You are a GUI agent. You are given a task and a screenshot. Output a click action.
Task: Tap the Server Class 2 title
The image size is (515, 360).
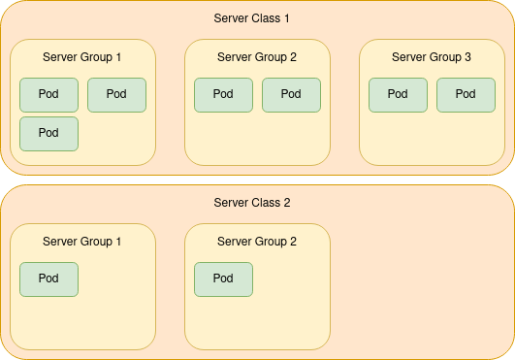[251, 203]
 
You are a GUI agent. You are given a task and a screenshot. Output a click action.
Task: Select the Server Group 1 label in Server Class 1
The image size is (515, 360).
[82, 57]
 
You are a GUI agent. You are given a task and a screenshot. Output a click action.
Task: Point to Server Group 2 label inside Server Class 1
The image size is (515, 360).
[257, 57]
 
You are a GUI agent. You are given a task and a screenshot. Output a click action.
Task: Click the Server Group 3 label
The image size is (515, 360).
[432, 57]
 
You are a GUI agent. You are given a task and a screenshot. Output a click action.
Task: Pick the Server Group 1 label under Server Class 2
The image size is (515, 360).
[82, 242]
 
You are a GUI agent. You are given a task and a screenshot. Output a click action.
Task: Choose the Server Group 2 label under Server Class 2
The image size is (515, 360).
[257, 242]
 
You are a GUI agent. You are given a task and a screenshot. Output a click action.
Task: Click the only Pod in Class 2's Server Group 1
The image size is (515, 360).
[48, 278]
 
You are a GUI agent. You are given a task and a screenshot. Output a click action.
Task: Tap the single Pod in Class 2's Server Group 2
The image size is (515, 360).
[223, 278]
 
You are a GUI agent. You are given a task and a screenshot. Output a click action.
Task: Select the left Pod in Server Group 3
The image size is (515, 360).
[398, 94]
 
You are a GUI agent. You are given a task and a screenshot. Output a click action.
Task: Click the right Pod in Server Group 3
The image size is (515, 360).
[466, 94]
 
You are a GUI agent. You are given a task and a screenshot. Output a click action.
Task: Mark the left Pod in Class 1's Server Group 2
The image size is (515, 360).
[223, 94]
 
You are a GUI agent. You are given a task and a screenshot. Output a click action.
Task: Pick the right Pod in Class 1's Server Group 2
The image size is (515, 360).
[291, 94]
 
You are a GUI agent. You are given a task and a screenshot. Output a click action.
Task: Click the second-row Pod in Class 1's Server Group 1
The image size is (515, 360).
[48, 133]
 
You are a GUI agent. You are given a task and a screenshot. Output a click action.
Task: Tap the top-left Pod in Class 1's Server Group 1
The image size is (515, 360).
[48, 94]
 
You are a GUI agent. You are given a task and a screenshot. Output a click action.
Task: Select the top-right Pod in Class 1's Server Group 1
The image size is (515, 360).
[116, 94]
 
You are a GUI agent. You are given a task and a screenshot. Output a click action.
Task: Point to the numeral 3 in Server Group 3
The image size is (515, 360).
[467, 57]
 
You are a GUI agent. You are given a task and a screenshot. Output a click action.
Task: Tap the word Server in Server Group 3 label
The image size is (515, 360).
[410, 57]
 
